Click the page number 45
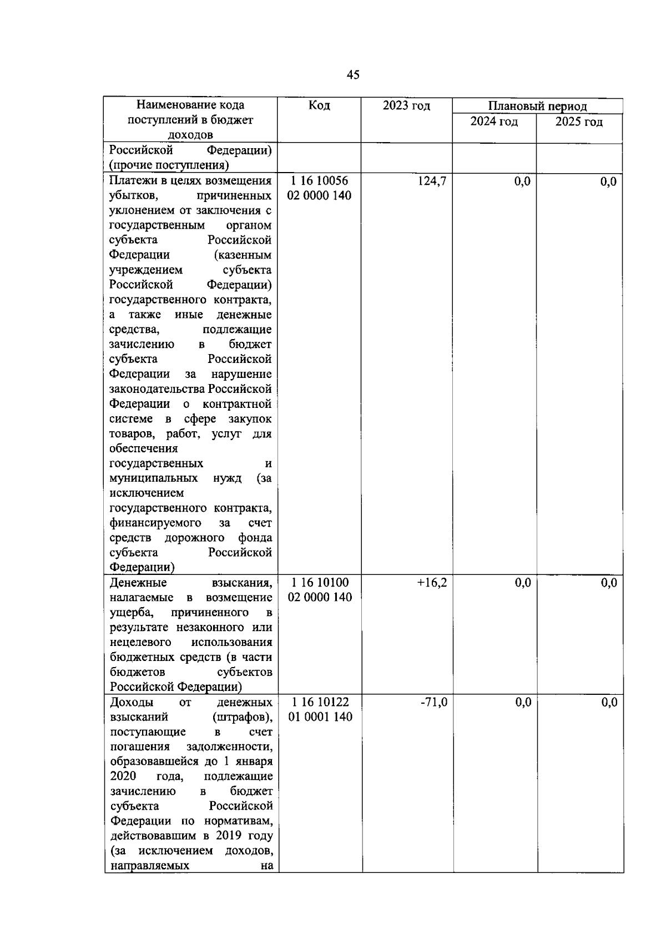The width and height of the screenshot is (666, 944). click(x=353, y=75)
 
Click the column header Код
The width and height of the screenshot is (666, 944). click(x=319, y=105)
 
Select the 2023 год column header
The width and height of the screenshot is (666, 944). click(x=406, y=105)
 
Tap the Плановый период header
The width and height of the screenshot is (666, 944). click(x=537, y=107)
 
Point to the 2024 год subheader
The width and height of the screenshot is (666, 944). click(x=494, y=122)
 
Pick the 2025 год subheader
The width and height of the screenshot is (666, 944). click(x=579, y=122)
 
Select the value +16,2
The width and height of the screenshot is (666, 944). click(x=432, y=583)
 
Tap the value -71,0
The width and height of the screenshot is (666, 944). click(x=434, y=702)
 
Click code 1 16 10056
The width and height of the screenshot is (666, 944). click(x=320, y=181)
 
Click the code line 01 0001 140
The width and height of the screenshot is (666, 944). click(x=320, y=717)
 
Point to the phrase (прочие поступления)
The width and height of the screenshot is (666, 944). click(x=169, y=165)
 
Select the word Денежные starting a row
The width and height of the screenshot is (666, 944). click(x=138, y=583)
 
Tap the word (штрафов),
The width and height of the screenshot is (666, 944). click(x=243, y=717)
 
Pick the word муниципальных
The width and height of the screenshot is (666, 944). click(x=153, y=478)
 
